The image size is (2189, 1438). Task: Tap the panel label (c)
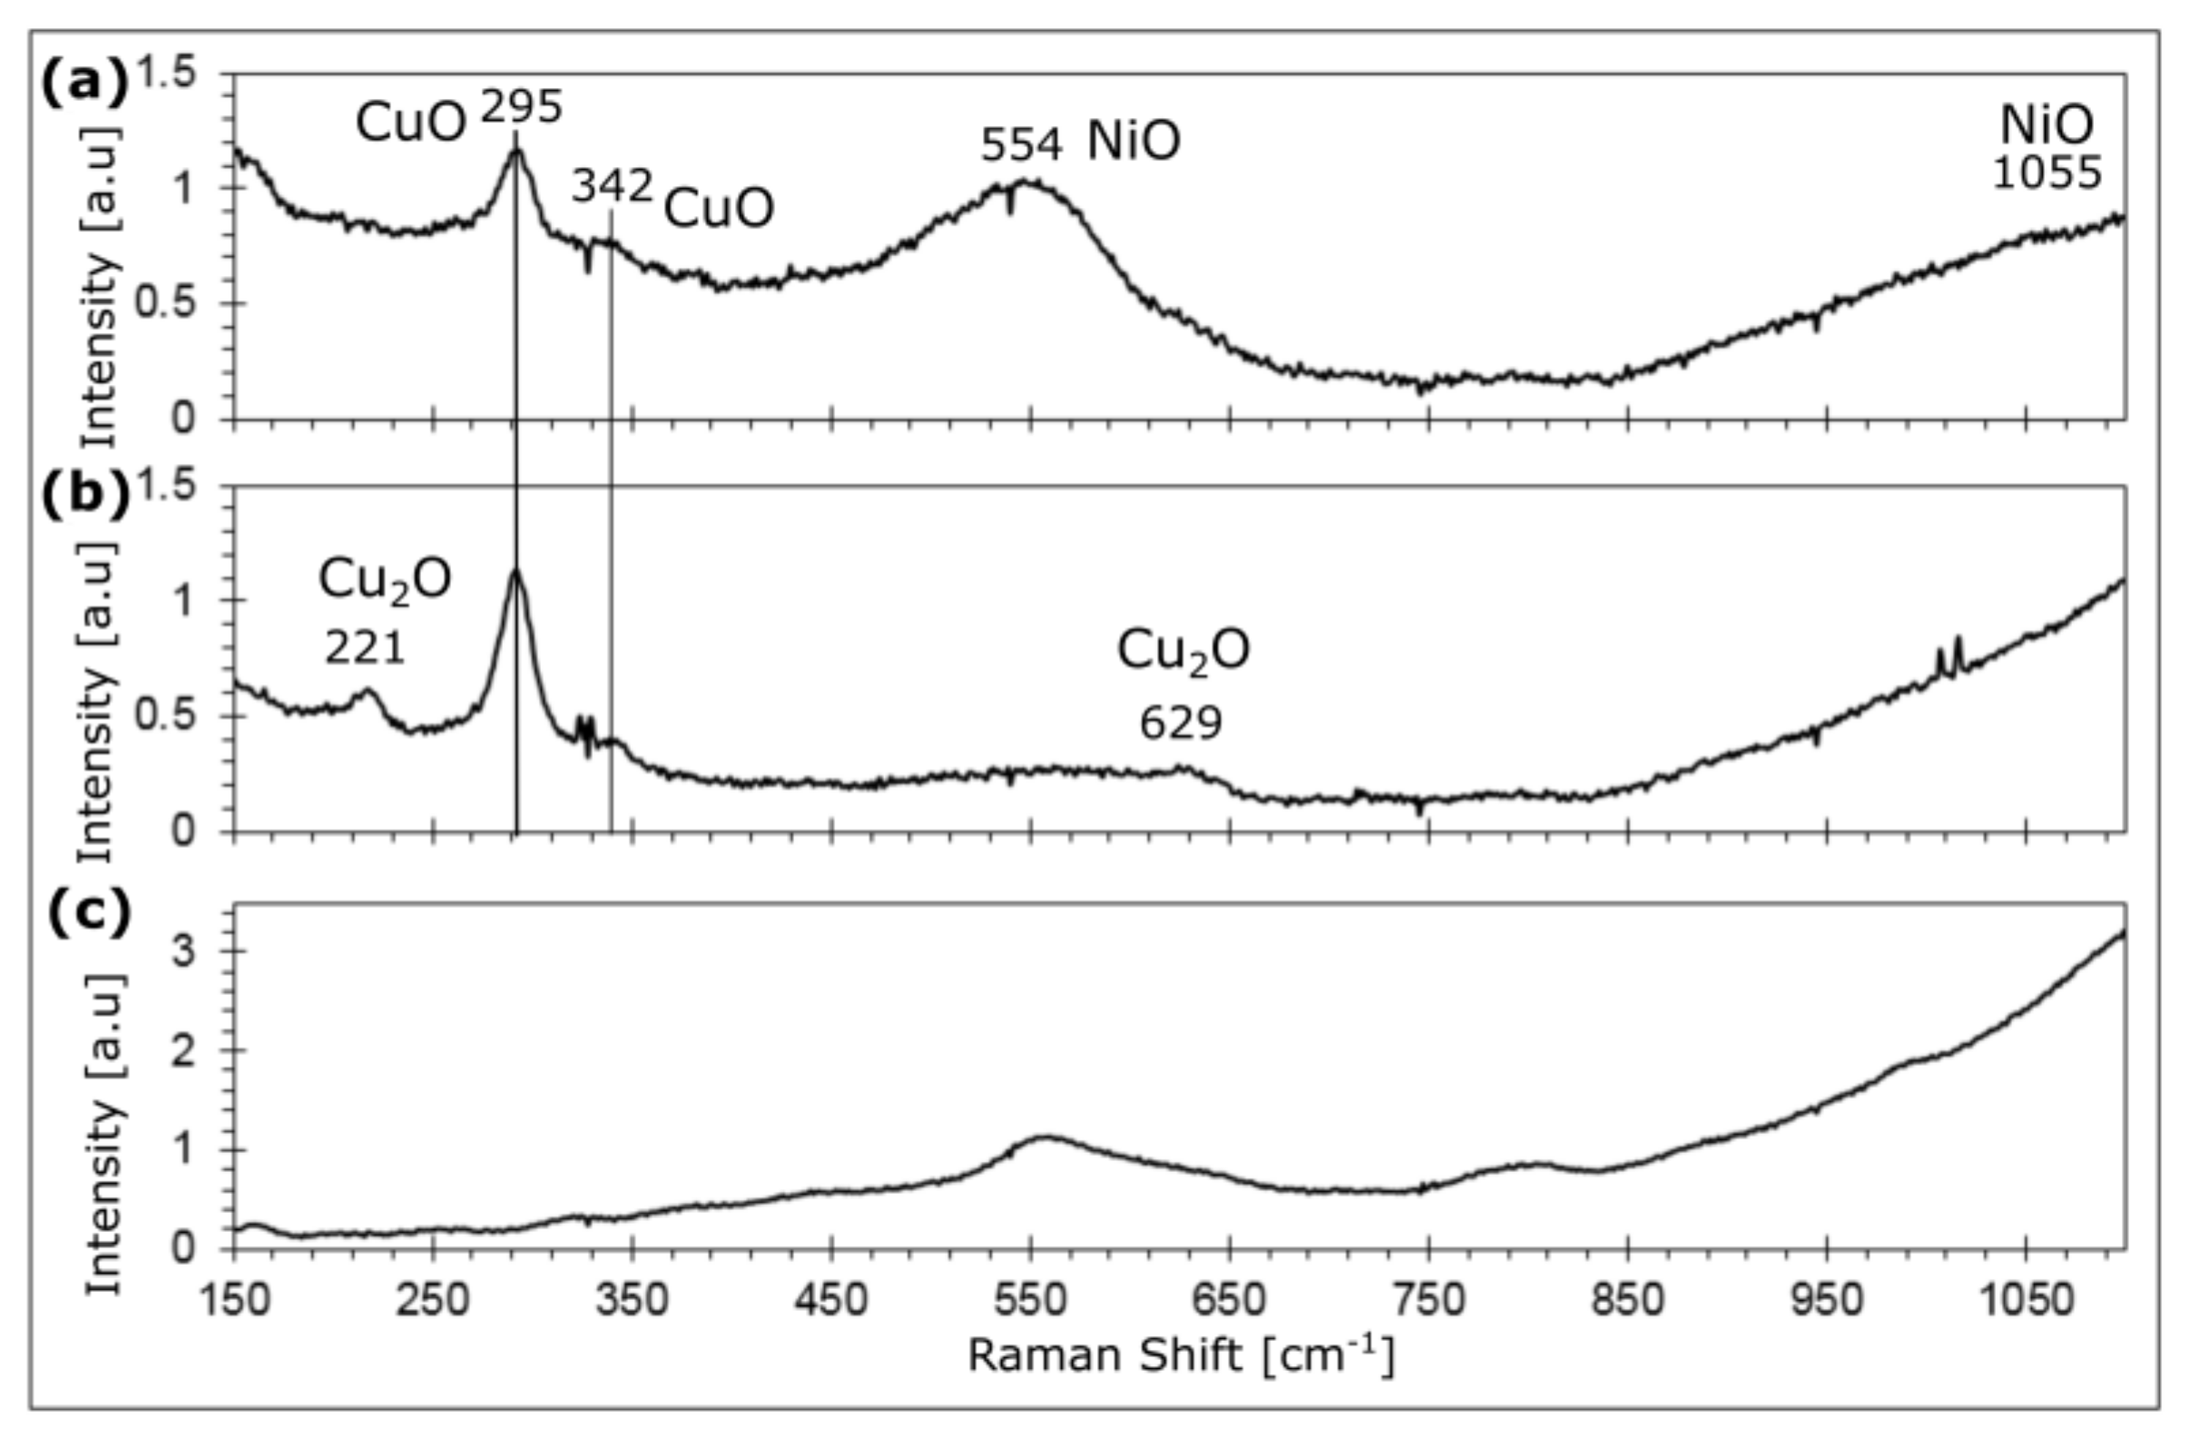(88, 913)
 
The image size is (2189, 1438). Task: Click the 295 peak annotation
(521, 110)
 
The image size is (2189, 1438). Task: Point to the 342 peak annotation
(612, 187)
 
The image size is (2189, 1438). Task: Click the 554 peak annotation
(1021, 145)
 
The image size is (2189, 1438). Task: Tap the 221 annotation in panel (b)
(364, 649)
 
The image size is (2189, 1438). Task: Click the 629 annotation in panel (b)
(1181, 724)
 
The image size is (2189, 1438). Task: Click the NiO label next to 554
(1134, 143)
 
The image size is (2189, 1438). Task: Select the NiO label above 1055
(2047, 125)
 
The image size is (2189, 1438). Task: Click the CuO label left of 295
(411, 123)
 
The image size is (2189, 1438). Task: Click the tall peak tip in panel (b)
(516, 569)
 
